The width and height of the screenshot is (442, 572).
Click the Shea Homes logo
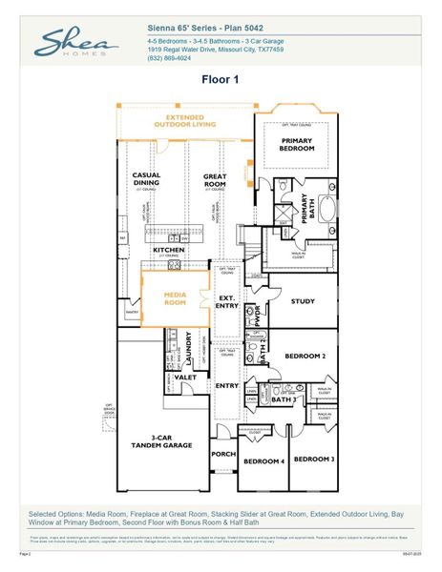tap(77, 45)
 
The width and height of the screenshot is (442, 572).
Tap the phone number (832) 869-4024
tap(171, 57)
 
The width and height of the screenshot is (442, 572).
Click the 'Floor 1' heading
tap(221, 81)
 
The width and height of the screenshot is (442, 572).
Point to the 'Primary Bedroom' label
tap(297, 144)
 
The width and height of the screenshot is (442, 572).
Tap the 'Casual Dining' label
tap(146, 179)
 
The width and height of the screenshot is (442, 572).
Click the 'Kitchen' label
tap(169, 251)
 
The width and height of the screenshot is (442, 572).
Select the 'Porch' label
tap(223, 455)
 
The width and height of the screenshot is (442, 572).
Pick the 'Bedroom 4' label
tap(262, 461)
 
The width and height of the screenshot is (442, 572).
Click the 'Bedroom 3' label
tap(312, 460)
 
